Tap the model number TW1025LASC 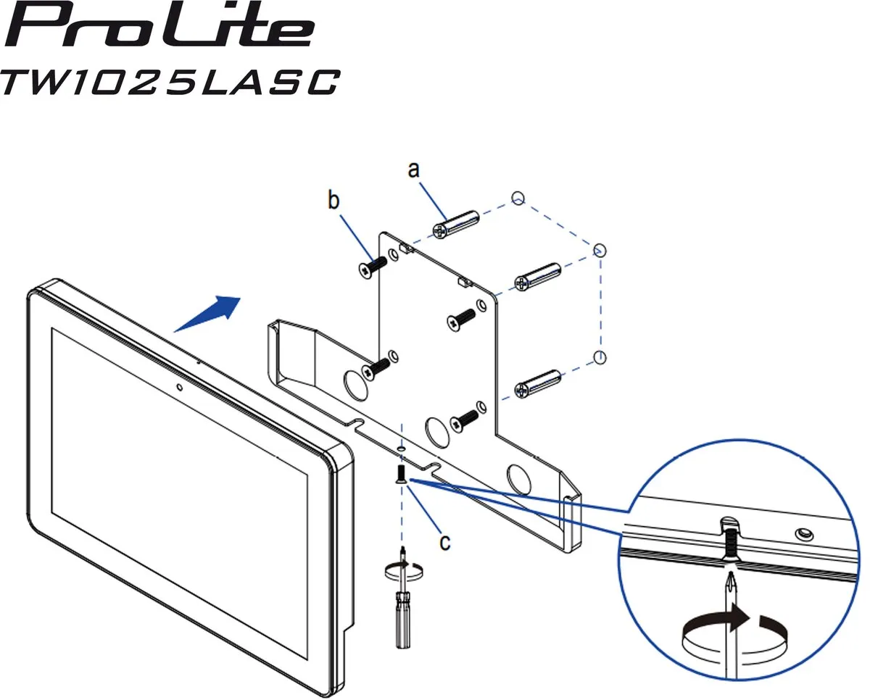click(x=170, y=83)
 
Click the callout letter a click(x=413, y=170)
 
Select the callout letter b click(x=333, y=201)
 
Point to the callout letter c click(x=444, y=542)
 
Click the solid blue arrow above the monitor click(x=208, y=314)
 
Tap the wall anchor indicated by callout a click(x=455, y=225)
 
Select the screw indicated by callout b click(x=373, y=267)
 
